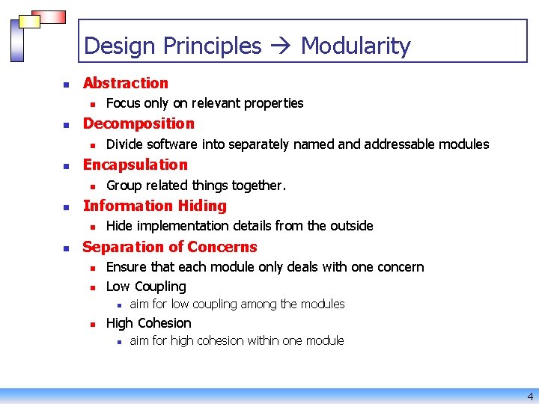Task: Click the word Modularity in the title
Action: coord(356,46)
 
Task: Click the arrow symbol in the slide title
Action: coord(281,46)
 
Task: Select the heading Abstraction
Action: coord(126,83)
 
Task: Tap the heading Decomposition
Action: coord(138,123)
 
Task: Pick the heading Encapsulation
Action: coord(135,165)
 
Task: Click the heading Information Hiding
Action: coord(154,206)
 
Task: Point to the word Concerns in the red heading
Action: coord(222,247)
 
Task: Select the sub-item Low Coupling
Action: coord(146,287)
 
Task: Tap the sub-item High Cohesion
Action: coord(149,323)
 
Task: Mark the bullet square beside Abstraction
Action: coord(66,84)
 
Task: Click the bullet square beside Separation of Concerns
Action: coord(66,248)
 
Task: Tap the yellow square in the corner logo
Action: coord(29,22)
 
